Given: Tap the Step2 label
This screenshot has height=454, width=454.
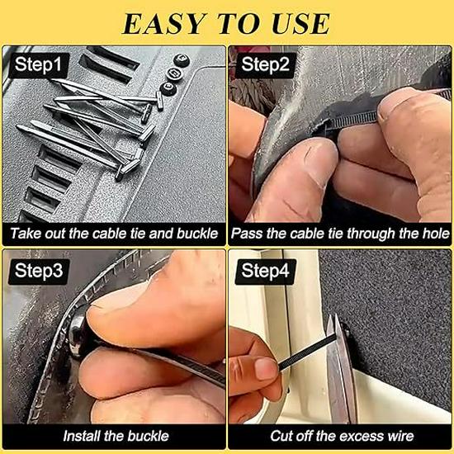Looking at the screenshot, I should click(x=266, y=64).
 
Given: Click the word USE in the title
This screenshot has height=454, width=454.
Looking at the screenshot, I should click(x=297, y=22).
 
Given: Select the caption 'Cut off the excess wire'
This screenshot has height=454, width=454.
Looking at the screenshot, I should click(x=340, y=436).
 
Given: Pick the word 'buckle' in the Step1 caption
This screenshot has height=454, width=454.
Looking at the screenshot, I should click(x=196, y=234).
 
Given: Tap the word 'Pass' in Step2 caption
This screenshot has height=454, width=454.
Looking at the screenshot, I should click(x=248, y=234).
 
